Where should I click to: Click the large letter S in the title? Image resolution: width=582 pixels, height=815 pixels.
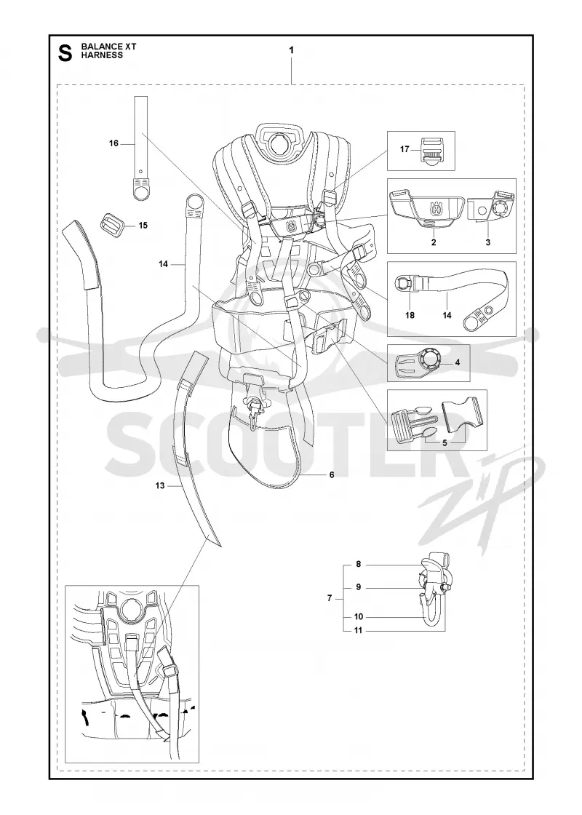[x=65, y=52]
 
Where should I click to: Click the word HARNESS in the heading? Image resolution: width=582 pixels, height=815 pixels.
[x=103, y=55]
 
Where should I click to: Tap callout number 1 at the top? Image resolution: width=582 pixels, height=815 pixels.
[x=292, y=50]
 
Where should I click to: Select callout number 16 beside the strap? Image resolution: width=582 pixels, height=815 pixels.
[x=113, y=143]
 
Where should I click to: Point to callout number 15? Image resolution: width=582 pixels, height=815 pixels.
[x=143, y=225]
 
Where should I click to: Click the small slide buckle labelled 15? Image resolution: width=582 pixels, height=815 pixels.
[x=113, y=225]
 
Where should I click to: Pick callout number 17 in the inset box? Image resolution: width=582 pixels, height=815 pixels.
[x=404, y=149]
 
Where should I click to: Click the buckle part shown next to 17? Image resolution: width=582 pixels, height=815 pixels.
[x=432, y=151]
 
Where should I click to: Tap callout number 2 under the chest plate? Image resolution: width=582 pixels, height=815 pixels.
[x=434, y=242]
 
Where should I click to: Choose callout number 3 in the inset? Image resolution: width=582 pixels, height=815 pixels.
[x=488, y=242]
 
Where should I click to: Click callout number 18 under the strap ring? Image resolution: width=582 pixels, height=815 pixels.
[x=410, y=315]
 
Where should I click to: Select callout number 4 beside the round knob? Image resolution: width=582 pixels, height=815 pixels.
[x=458, y=362]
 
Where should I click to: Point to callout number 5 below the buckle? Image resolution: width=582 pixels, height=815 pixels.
[x=445, y=443]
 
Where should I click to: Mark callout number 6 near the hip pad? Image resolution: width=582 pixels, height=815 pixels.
[x=332, y=474]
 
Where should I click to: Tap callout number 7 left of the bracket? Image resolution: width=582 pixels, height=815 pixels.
[x=330, y=598]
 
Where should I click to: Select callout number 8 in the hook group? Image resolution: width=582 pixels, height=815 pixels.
[x=359, y=564]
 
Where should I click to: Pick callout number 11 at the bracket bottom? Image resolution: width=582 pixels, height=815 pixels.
[x=359, y=630]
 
